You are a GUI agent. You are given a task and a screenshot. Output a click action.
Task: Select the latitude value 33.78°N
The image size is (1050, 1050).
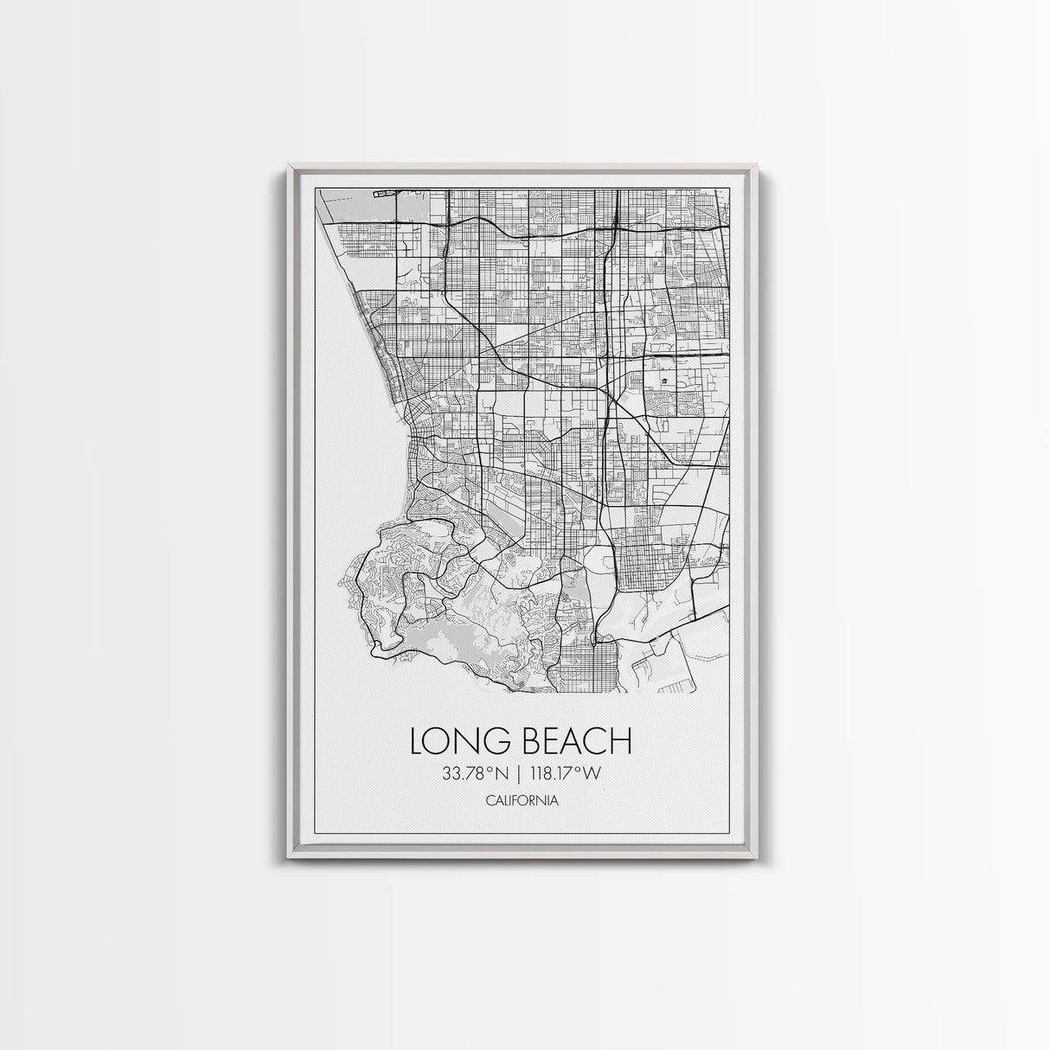pyautogui.click(x=475, y=774)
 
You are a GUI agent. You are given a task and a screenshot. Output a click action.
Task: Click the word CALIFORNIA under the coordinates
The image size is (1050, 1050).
pyautogui.click(x=522, y=800)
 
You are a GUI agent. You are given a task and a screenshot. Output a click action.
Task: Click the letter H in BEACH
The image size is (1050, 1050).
pyautogui.click(x=621, y=741)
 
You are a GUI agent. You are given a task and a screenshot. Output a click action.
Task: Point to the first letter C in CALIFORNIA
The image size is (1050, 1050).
pyautogui.click(x=490, y=800)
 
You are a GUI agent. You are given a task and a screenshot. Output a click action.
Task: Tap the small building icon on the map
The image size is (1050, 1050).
pyautogui.click(x=663, y=381)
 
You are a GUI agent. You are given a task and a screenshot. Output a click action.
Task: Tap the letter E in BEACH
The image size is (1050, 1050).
pyautogui.click(x=555, y=741)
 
